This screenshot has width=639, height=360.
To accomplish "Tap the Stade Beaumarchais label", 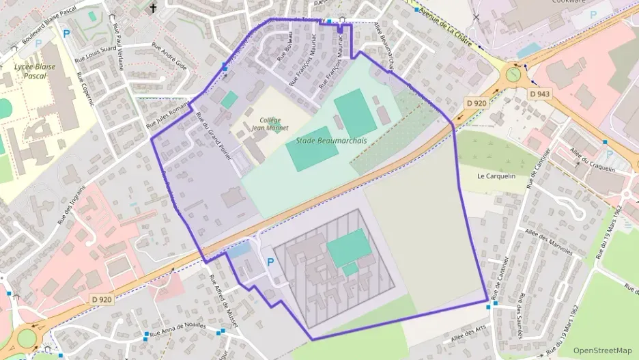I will (331, 141).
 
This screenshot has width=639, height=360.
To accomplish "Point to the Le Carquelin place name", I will (496, 176).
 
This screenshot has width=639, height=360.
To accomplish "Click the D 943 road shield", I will (540, 93).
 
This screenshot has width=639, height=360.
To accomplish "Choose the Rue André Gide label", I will (169, 57).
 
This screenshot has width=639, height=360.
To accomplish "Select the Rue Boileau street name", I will (285, 47).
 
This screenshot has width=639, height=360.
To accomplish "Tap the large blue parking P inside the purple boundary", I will (270, 262).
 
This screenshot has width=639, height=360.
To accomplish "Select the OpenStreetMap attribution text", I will (603, 350).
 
